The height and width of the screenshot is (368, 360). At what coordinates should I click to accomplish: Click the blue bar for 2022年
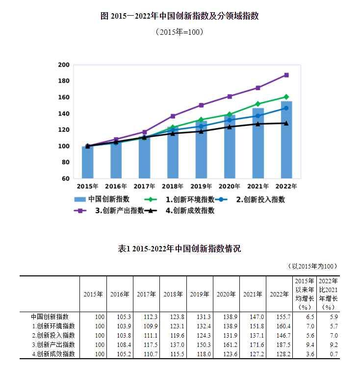(x=286, y=140)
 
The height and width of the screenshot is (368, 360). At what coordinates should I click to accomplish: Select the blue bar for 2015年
(x=87, y=162)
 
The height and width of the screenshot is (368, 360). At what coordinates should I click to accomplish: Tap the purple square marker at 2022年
(x=286, y=75)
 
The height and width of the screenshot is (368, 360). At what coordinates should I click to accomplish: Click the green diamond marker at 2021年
(x=258, y=104)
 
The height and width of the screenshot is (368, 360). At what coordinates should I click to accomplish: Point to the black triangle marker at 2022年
(x=286, y=123)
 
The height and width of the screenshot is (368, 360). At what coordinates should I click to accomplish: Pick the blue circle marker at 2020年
(x=230, y=120)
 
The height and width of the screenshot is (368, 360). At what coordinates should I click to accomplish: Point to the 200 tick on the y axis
(x=64, y=65)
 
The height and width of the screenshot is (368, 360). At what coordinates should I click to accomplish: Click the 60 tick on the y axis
(x=65, y=178)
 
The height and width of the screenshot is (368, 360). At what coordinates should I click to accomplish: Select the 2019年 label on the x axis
(x=201, y=187)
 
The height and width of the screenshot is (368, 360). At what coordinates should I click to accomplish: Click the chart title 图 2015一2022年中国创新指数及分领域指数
(x=180, y=16)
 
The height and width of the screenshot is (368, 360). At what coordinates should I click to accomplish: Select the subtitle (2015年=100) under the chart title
(x=180, y=32)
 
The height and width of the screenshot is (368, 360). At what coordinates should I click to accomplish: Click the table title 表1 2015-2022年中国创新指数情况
(x=180, y=248)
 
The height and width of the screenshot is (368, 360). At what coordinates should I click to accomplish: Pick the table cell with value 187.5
(x=279, y=344)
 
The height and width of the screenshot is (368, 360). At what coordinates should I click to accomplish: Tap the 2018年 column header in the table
(x=173, y=294)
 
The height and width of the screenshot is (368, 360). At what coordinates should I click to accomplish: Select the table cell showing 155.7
(x=279, y=317)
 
